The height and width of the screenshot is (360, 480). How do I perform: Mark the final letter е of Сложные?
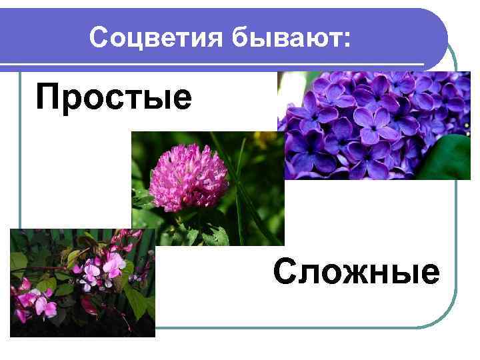pos(431,274)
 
